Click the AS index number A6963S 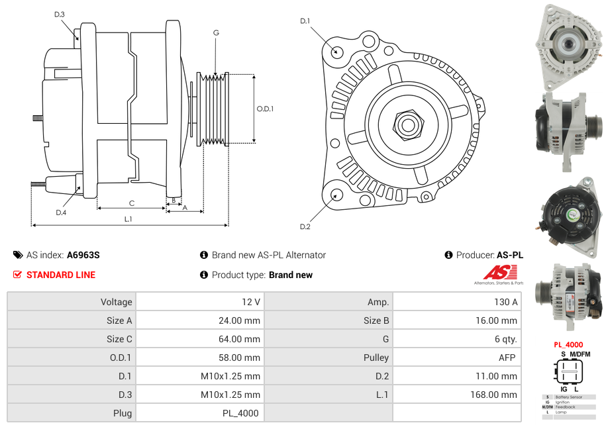(x=83, y=255)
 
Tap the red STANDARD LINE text (x=60, y=275)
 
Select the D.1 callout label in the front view (x=305, y=21)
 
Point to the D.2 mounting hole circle (x=336, y=195)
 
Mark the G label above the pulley (x=216, y=32)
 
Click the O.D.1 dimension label (x=265, y=109)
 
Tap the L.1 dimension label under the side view (x=128, y=218)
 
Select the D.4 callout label (x=61, y=212)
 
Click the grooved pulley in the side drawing (x=213, y=109)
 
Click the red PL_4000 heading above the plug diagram (x=568, y=345)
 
